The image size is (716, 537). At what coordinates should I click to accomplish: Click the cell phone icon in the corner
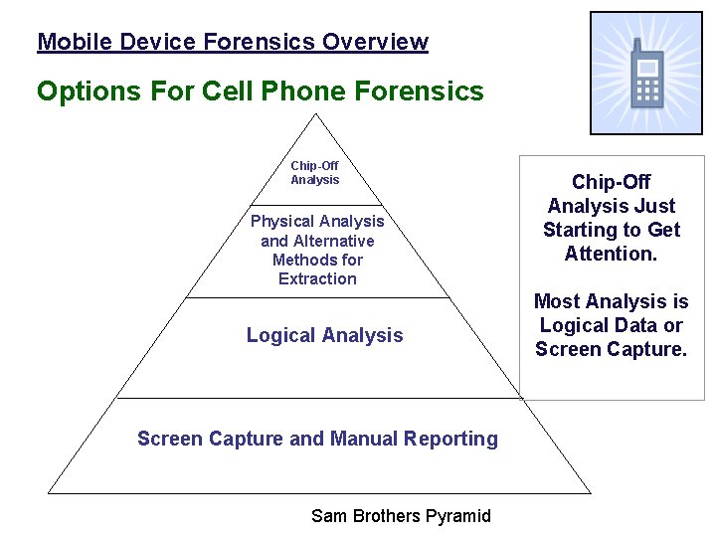646,74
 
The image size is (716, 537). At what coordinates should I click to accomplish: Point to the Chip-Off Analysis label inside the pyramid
314,173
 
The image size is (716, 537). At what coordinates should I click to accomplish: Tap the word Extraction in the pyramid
317,279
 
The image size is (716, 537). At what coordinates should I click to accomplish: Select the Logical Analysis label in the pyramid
324,336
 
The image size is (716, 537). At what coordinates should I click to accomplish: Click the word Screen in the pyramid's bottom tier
168,439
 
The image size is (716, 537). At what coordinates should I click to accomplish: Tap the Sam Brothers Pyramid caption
401,515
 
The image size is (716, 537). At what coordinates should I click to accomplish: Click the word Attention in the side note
610,255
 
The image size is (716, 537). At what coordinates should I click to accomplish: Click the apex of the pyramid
316,114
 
